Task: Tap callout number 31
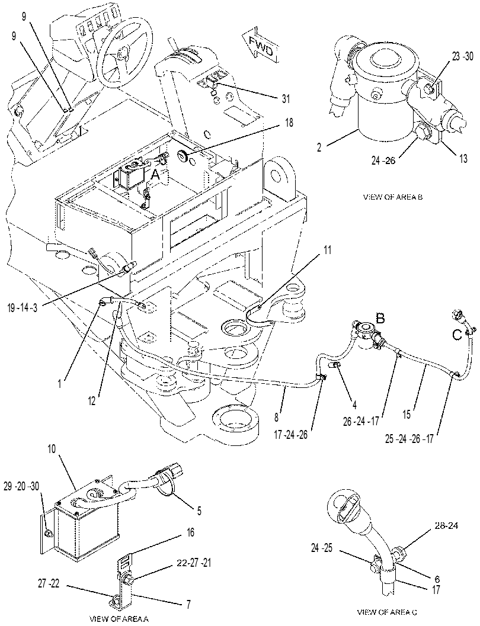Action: (x=286, y=98)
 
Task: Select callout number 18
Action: (x=289, y=123)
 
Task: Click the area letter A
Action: (x=154, y=174)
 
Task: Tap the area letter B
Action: (x=380, y=319)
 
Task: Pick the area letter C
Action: (x=457, y=334)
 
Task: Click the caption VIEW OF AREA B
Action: (x=392, y=197)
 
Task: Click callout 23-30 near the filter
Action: (x=463, y=56)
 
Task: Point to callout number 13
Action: (x=463, y=159)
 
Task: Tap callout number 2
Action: (x=319, y=147)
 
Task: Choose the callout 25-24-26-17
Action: (x=408, y=439)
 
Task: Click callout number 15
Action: (x=407, y=415)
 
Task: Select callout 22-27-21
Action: (x=194, y=563)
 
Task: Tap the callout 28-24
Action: (x=446, y=526)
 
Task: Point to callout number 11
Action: (x=328, y=251)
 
